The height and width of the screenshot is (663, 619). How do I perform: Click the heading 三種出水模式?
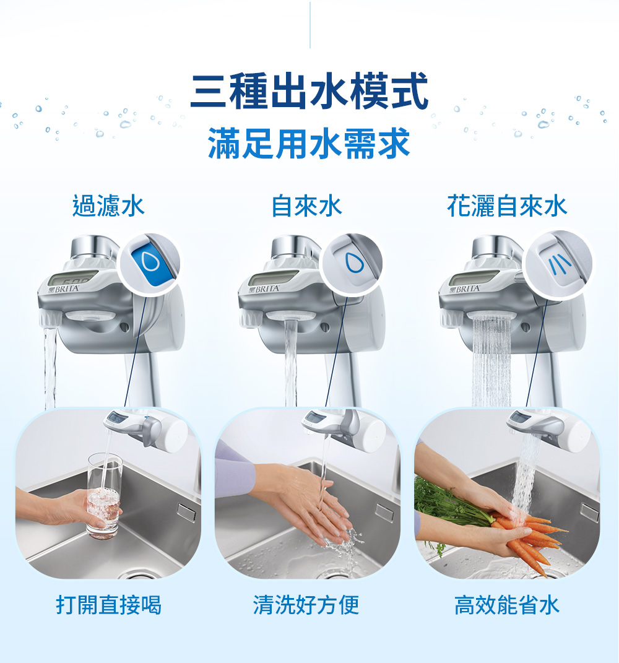(309, 90)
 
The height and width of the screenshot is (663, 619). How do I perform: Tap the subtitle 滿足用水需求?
(309, 144)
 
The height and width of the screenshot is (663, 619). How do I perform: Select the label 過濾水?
(108, 206)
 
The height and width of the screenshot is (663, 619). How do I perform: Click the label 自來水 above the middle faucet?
(306, 206)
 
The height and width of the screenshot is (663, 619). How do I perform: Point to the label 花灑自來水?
(507, 206)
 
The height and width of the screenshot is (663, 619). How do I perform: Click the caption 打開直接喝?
(109, 605)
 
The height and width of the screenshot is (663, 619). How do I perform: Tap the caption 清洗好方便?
(306, 605)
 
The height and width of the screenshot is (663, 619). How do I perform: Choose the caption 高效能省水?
(506, 605)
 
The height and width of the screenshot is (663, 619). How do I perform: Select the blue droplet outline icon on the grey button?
(354, 263)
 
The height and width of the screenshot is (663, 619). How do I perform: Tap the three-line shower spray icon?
(560, 264)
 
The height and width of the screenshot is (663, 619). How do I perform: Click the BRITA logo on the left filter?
(64, 289)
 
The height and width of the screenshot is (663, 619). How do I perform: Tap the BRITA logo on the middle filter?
(265, 289)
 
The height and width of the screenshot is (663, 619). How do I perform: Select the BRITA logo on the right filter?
(465, 289)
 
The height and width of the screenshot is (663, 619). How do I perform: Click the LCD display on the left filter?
(72, 277)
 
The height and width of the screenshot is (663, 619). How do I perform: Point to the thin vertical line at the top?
(310, 25)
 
